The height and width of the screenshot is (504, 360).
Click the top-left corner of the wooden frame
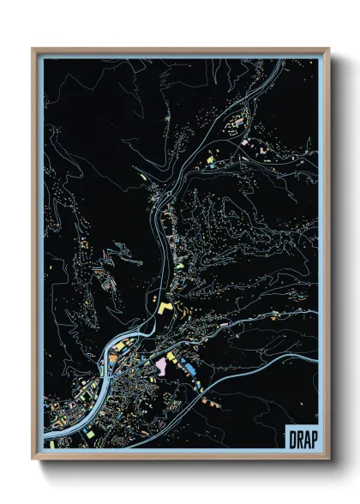point(33,49)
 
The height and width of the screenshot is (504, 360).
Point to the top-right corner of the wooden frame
point(328,49)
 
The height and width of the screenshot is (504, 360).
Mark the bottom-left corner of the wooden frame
point(33,460)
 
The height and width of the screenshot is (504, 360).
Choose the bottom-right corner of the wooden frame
point(328,460)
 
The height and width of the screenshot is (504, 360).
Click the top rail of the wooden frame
point(180,50)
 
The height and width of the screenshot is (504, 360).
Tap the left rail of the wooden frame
point(34,257)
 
